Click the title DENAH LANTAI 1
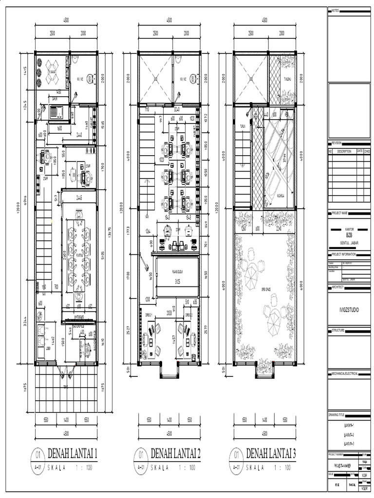click(x=73, y=454)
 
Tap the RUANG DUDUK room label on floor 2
click(x=177, y=273)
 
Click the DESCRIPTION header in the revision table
click(x=344, y=151)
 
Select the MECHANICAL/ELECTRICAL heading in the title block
click(x=344, y=373)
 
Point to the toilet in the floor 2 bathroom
click(x=193, y=77)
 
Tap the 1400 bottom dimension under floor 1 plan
click(x=66, y=419)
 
